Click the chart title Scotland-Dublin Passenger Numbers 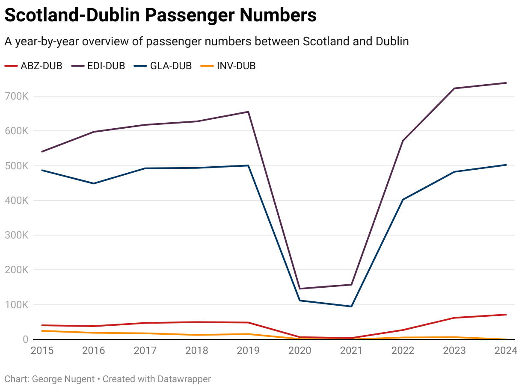(x=160, y=15)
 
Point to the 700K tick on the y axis (x=17, y=96)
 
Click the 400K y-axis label (x=17, y=200)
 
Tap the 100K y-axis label (x=17, y=305)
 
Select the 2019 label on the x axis (x=248, y=351)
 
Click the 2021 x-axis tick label (x=351, y=351)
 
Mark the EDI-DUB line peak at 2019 (x=248, y=112)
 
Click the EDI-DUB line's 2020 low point (x=300, y=289)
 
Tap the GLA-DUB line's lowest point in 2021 (x=351, y=306)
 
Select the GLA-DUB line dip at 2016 (x=94, y=183)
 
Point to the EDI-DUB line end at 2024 (x=506, y=83)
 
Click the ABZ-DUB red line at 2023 (x=454, y=318)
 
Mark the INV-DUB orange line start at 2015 (x=42, y=331)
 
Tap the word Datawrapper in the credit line (x=184, y=379)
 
